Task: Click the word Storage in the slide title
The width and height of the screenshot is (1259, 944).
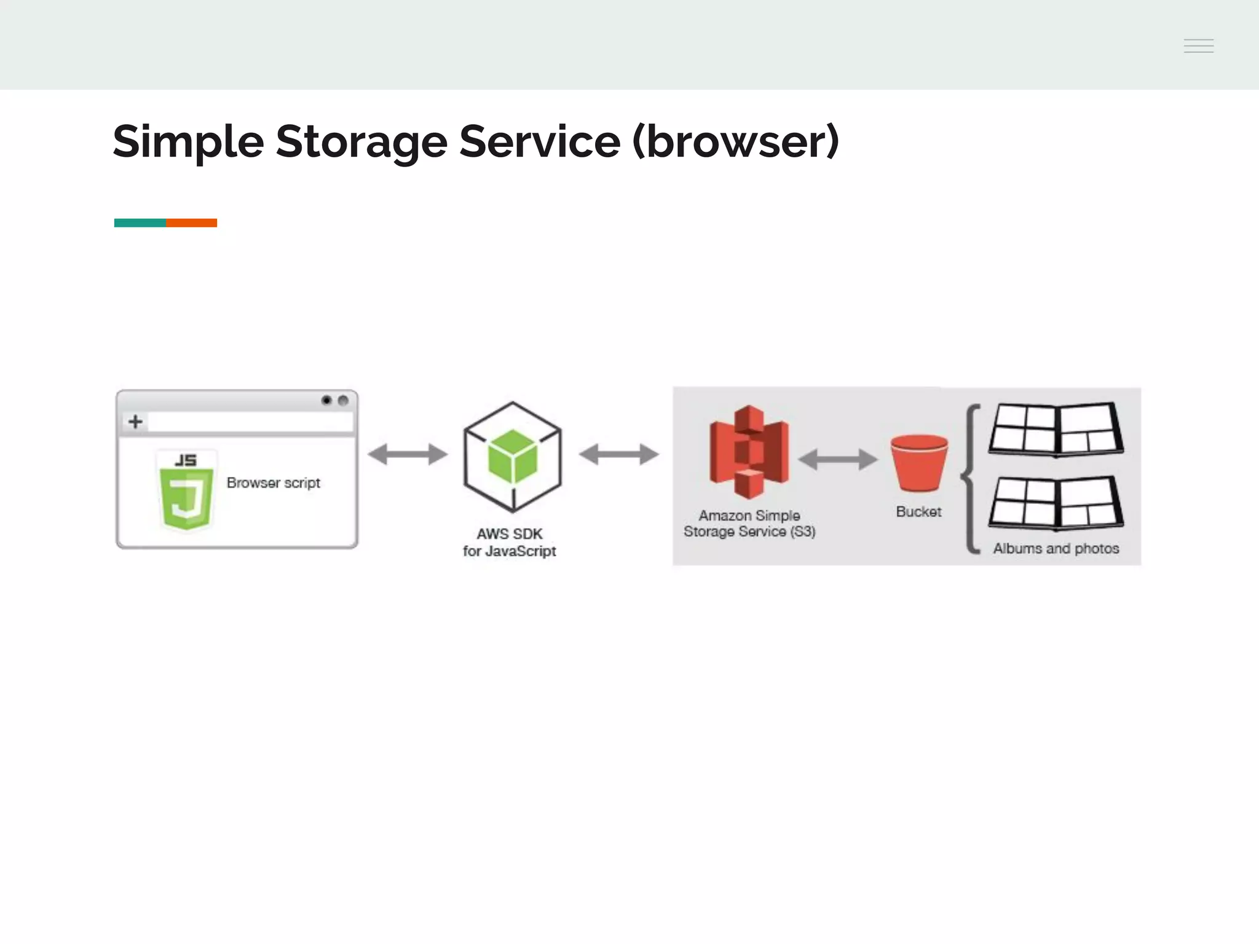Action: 361,142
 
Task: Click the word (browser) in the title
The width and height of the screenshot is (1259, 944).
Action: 735,142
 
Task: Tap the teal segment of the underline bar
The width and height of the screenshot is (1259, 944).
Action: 140,222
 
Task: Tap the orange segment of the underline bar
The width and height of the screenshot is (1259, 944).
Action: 191,222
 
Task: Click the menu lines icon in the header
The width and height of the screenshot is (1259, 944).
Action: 1198,46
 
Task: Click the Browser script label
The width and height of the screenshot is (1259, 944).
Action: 274,483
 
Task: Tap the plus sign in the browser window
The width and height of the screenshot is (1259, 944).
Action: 135,422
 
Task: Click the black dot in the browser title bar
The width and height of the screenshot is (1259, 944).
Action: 326,401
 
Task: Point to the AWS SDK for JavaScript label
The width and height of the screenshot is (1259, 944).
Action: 510,543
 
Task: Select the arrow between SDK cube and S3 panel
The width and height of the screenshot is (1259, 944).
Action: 618,455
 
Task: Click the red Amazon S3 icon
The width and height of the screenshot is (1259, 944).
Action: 749,452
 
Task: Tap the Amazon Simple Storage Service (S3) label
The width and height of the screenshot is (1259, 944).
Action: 749,524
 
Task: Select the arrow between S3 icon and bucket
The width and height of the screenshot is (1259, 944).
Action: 837,459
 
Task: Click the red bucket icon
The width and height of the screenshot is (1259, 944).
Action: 919,463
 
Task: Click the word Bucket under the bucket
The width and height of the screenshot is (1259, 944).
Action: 918,512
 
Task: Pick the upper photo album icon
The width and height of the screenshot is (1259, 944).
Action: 1056,430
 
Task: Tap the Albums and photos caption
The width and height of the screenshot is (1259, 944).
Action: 1056,548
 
